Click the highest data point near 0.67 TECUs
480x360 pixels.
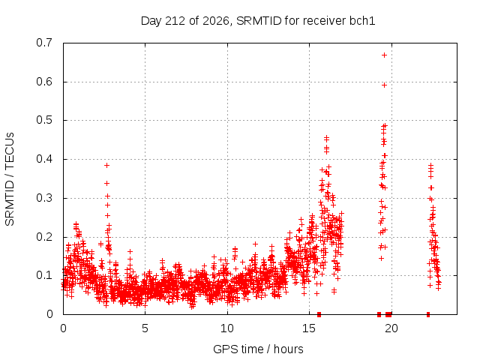[384, 55]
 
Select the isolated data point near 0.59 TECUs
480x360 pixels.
[384, 85]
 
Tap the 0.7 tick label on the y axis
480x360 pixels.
[44, 43]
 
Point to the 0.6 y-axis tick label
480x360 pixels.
[44, 82]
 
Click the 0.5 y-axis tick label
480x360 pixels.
[44, 120]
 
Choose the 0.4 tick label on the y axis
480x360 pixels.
[44, 159]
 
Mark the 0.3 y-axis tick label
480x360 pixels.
[44, 198]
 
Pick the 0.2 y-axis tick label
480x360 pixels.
[44, 237]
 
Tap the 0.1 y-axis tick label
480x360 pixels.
[44, 275]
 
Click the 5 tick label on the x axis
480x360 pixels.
[145, 328]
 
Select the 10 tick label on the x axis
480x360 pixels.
[227, 328]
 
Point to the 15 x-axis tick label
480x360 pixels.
[309, 328]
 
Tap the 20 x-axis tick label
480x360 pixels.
[391, 328]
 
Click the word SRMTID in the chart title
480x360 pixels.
[259, 21]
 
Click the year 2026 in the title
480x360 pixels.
[216, 21]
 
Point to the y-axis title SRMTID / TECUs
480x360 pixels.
[10, 179]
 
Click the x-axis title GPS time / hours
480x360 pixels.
[258, 349]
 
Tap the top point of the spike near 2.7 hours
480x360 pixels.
[106, 165]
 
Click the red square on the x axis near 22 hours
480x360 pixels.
[428, 314]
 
